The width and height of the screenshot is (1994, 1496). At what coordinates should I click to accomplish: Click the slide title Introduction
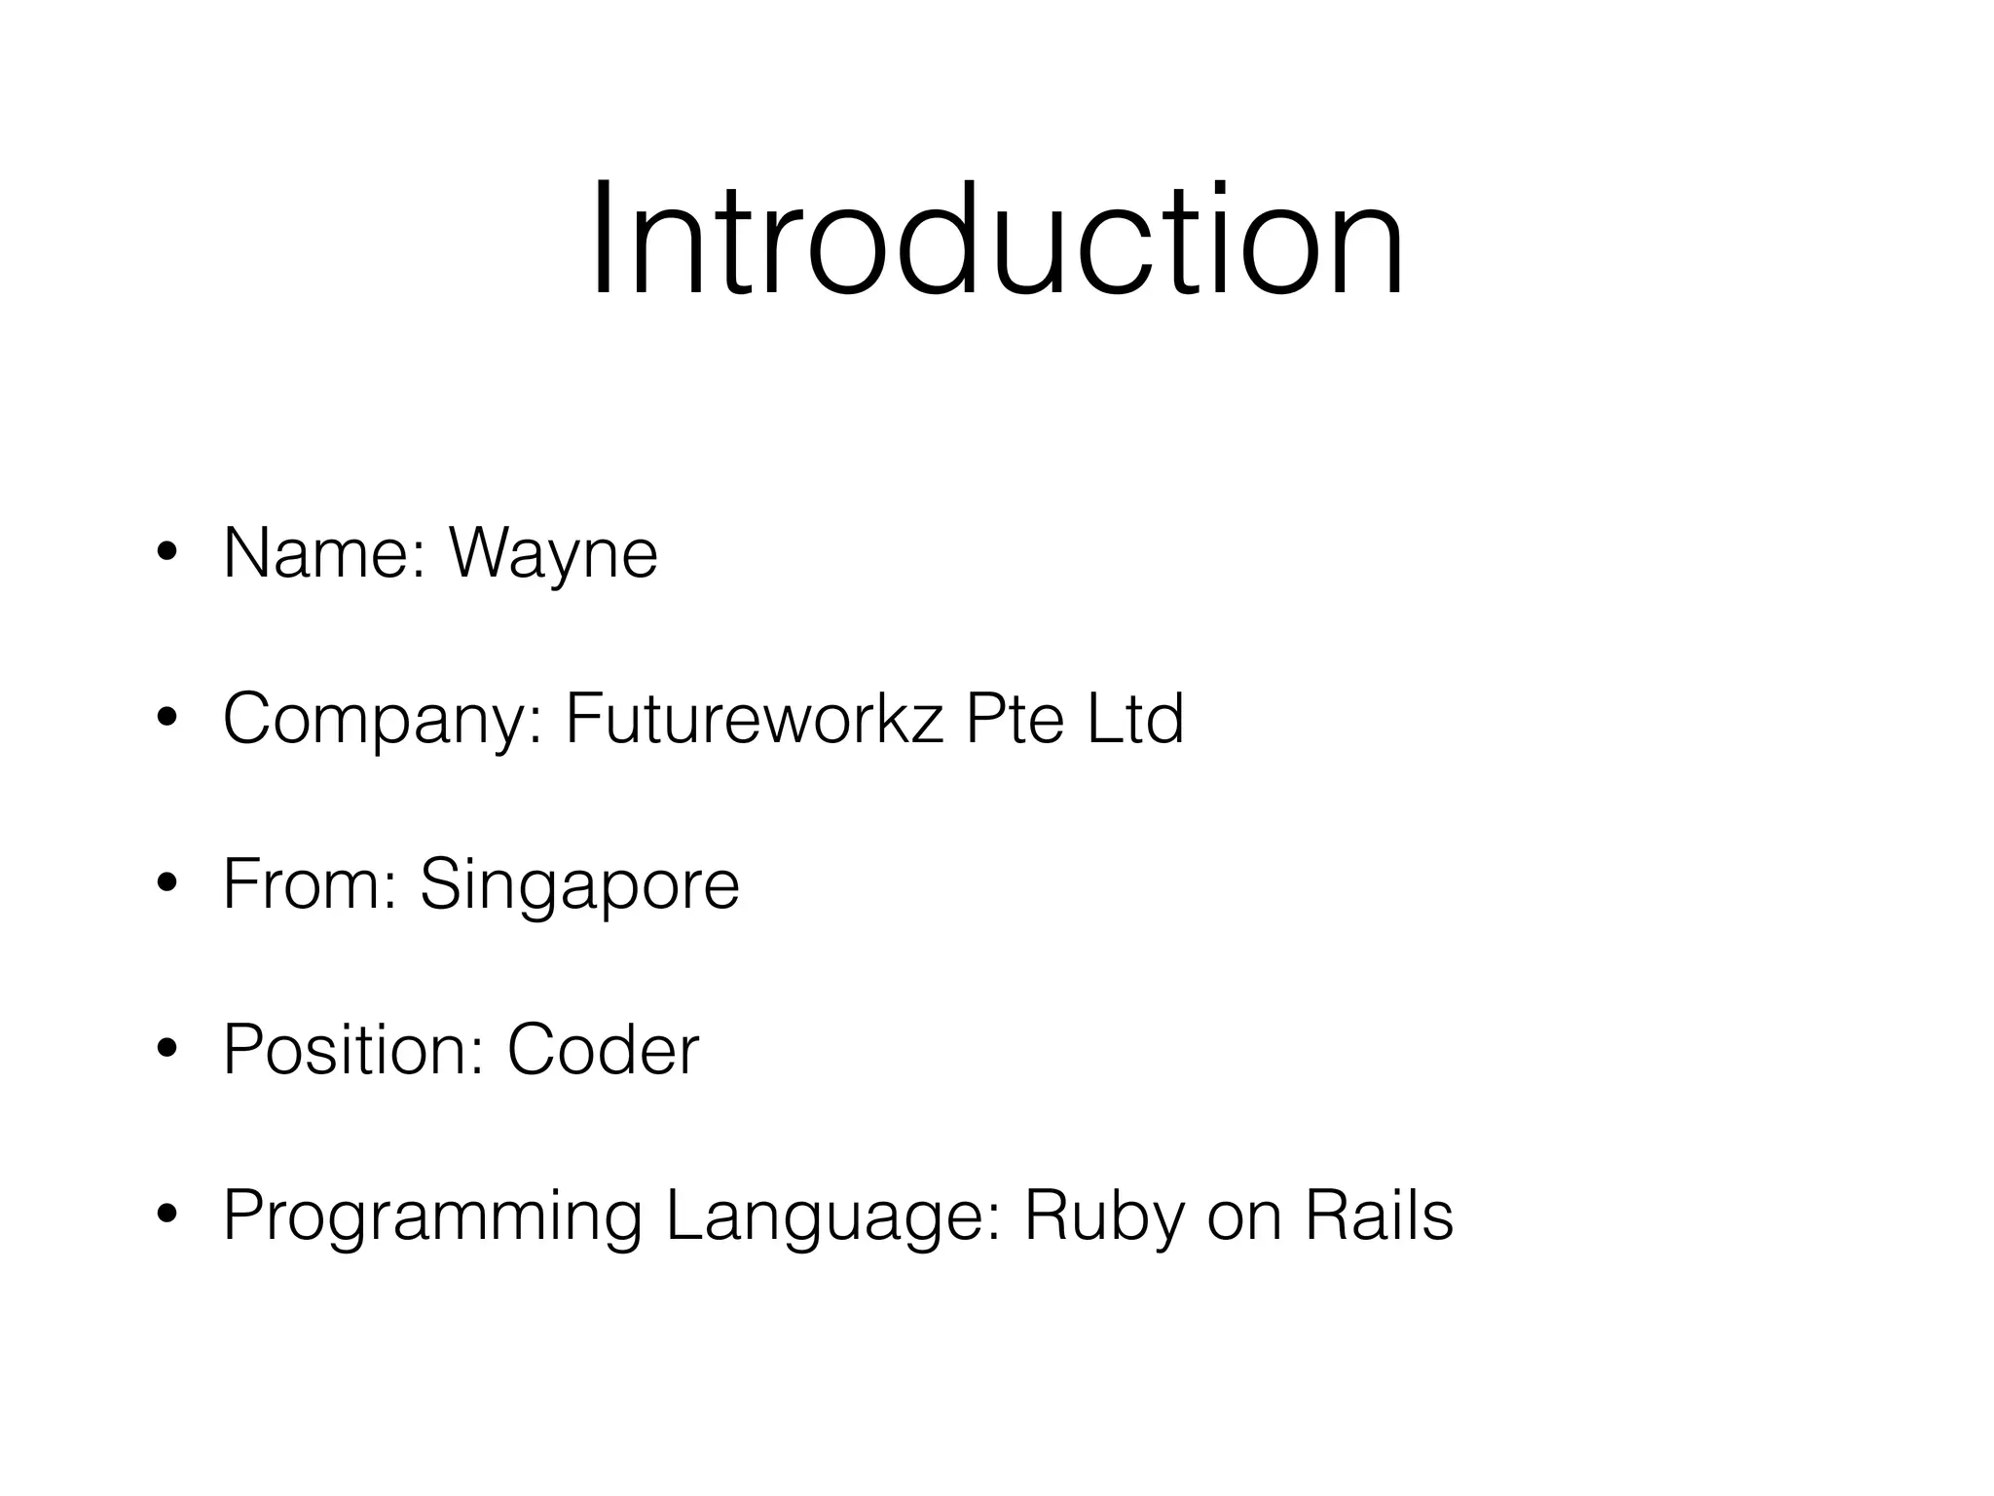tap(997, 239)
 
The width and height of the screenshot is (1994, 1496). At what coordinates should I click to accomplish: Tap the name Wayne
tap(553, 555)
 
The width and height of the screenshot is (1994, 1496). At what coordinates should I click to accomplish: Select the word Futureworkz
tap(755, 719)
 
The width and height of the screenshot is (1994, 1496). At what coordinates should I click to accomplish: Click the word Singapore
tap(579, 886)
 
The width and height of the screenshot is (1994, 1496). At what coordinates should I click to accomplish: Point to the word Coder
tap(603, 1050)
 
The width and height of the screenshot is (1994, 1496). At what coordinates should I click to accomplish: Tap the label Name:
tap(325, 553)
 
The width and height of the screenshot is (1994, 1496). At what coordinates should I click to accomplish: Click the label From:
tap(311, 884)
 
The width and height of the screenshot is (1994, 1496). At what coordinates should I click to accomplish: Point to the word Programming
tap(432, 1217)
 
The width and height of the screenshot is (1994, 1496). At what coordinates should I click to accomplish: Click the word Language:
tap(833, 1217)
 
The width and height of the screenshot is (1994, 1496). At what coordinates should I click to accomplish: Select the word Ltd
tap(1135, 719)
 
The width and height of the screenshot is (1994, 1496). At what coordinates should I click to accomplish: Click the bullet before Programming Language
tap(166, 1215)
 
